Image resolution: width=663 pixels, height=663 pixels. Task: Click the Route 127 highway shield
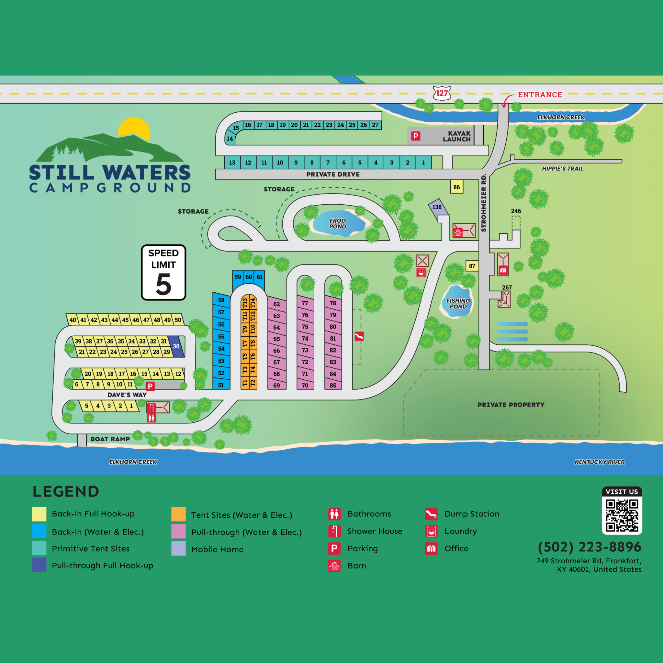(x=442, y=93)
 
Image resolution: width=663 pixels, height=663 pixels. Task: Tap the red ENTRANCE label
(x=539, y=95)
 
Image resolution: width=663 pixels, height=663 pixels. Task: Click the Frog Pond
(x=338, y=223)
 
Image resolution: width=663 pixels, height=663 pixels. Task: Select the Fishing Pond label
(x=458, y=303)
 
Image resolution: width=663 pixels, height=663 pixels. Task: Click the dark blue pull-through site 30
(x=176, y=346)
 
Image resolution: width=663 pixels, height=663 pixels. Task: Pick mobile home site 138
(x=437, y=207)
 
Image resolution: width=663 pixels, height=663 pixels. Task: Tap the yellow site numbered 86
(x=456, y=187)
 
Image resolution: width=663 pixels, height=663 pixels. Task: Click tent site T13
(x=245, y=303)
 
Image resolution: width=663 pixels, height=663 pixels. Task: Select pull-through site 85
(x=332, y=385)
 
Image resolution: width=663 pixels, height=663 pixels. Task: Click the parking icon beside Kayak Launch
(x=416, y=136)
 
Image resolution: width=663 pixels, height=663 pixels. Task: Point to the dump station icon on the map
(x=359, y=336)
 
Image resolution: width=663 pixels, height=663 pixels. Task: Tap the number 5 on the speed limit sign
(x=163, y=284)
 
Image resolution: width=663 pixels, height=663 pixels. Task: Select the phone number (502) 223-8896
(x=589, y=547)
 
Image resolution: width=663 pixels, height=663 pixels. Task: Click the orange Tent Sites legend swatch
(x=178, y=514)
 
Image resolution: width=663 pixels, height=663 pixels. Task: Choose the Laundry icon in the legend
(x=431, y=531)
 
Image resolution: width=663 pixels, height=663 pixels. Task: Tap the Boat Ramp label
(x=110, y=439)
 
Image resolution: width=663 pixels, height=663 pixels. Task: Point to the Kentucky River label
(x=599, y=462)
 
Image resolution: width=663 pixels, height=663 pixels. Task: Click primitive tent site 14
(x=230, y=139)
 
